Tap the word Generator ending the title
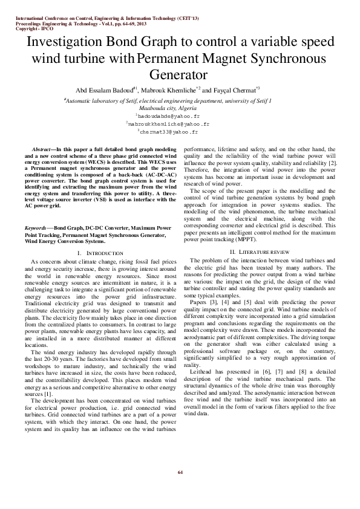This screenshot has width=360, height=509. [179, 74]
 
